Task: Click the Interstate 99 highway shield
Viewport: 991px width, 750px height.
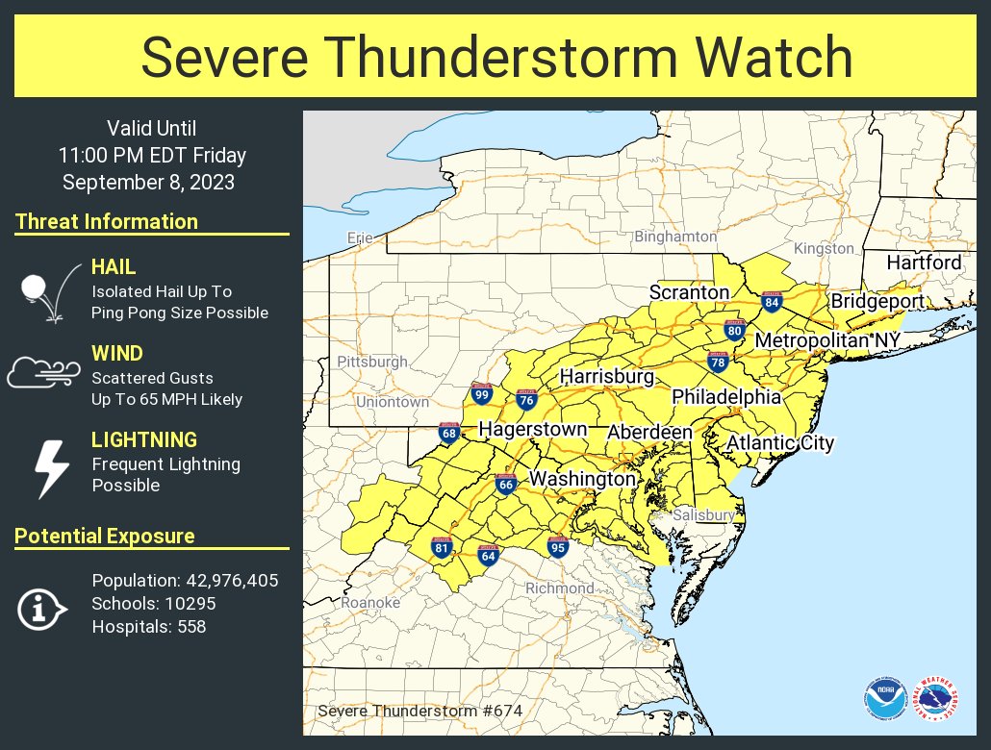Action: pos(482,393)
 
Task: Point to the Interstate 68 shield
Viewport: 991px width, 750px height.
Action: pos(449,433)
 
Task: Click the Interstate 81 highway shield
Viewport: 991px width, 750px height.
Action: pos(443,548)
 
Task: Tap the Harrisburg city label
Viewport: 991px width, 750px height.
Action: pos(606,375)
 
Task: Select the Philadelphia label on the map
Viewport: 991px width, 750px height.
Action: pos(725,396)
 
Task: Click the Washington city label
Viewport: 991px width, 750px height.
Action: pos(582,478)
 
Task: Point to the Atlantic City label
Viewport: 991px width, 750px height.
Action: pos(779,443)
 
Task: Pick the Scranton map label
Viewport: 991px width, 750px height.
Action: pos(689,291)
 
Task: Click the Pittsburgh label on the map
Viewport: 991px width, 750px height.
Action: pos(372,362)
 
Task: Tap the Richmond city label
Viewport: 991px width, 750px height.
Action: pos(559,587)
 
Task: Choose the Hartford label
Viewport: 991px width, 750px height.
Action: pos(923,262)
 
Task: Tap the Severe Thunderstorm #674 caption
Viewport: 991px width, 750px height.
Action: pos(419,711)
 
